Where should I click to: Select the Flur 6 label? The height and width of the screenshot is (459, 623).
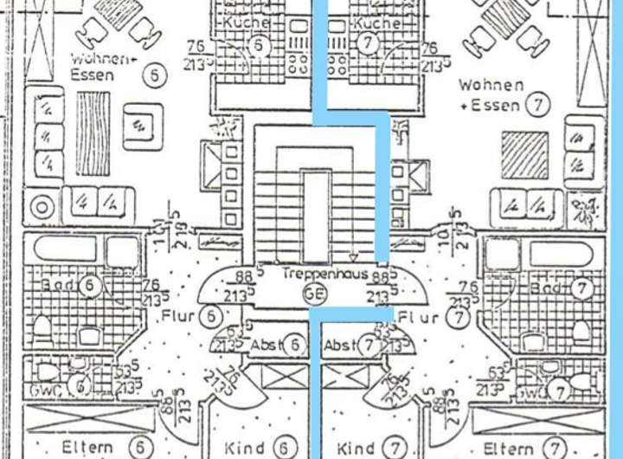click(x=191, y=317)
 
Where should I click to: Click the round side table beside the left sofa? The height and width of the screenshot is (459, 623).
click(x=42, y=207)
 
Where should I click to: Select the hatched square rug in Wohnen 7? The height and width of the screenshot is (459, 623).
click(x=524, y=154)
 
